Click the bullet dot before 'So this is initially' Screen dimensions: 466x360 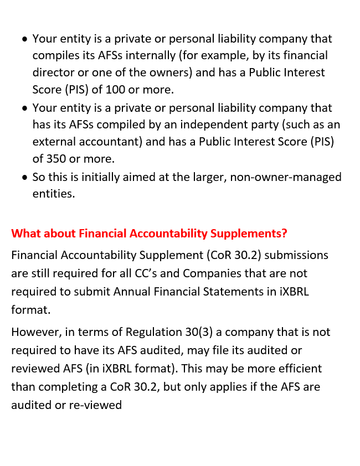coord(24,178)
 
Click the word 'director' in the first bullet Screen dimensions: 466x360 coord(53,73)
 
